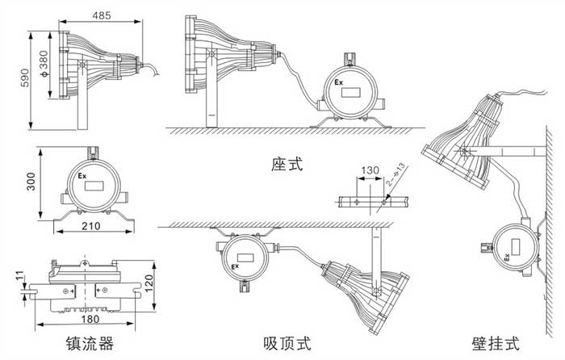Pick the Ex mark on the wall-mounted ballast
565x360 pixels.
click(507, 257)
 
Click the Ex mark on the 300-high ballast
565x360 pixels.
click(82, 174)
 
